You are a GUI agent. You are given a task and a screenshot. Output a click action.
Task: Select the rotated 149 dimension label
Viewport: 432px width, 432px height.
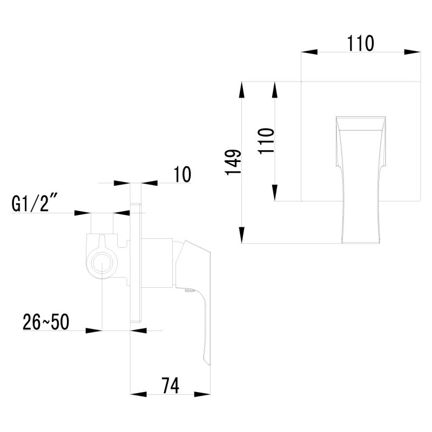coord(233,162)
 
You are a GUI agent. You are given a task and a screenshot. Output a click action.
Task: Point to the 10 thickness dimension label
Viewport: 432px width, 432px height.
coord(183,174)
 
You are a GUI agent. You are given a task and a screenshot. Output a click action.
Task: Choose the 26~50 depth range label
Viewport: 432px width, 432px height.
coord(46,322)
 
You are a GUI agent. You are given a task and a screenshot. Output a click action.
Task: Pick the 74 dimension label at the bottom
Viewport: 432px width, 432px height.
coord(170,385)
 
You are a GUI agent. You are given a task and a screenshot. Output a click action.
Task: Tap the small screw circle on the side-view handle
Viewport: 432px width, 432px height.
coord(188,290)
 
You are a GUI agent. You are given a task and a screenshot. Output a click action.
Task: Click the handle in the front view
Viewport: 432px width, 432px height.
coord(361,178)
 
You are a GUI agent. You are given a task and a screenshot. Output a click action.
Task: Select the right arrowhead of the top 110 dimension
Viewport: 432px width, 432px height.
coord(414,52)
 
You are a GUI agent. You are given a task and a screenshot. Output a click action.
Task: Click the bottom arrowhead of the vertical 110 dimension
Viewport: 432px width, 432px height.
coord(275,193)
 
